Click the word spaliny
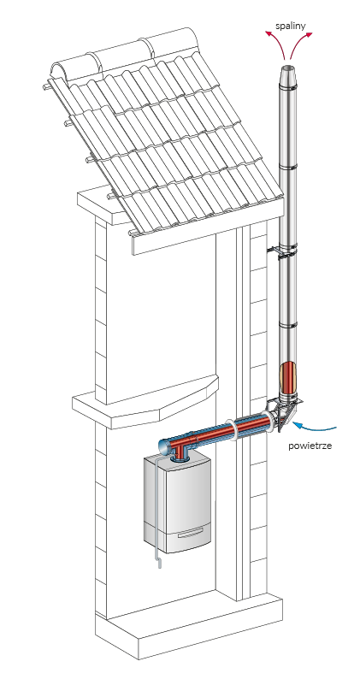[x=291, y=26]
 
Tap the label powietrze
[x=310, y=446]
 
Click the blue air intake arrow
[x=314, y=426]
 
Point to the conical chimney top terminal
[x=288, y=77]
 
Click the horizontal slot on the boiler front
[x=190, y=533]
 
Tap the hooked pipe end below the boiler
[x=159, y=564]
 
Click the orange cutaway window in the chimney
[x=287, y=376]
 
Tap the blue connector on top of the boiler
[x=180, y=458]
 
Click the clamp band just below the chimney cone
[x=288, y=90]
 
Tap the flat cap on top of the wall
[x=103, y=206]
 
